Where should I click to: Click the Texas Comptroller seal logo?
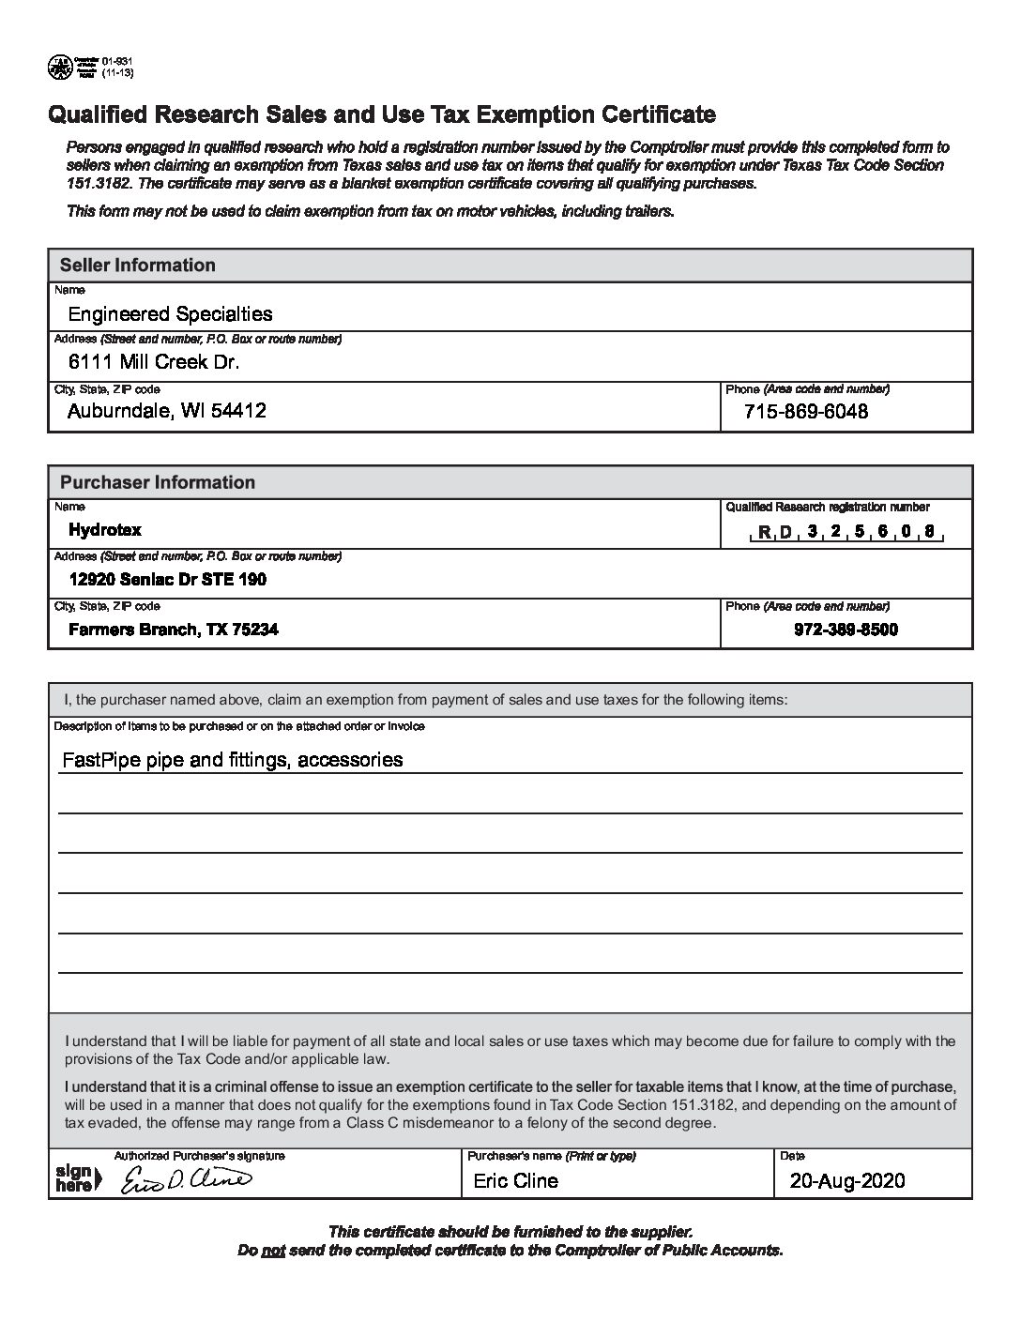(60, 66)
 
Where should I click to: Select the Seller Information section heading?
(137, 266)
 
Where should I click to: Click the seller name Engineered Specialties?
(170, 314)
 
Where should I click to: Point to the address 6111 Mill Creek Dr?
(154, 362)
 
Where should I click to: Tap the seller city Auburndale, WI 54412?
(167, 411)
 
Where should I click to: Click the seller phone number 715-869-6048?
(805, 411)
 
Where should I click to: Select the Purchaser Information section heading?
(157, 482)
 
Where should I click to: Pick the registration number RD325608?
(846, 532)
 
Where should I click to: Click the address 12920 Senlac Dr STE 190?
(167, 580)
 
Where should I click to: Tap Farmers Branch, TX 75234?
(173, 630)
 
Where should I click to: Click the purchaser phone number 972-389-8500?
(846, 630)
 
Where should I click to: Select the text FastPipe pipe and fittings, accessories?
(232, 759)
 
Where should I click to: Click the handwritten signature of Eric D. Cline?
(186, 1181)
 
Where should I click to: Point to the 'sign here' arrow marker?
(74, 1177)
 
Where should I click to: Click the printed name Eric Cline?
(515, 1181)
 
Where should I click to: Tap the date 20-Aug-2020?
(847, 1181)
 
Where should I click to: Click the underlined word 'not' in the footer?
(273, 1251)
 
